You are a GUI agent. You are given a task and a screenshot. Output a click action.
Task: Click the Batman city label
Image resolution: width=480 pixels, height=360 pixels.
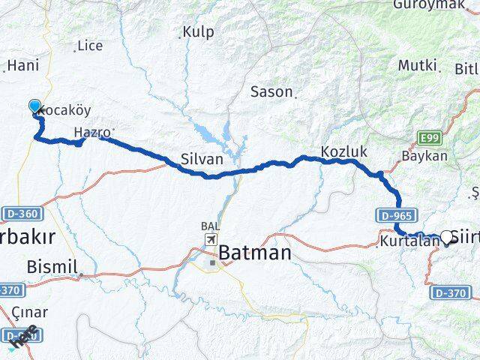point(254,253)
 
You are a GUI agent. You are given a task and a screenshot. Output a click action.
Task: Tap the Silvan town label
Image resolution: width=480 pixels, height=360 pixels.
point(202,159)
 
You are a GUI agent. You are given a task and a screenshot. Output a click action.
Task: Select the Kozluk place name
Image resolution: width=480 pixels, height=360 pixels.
point(343,151)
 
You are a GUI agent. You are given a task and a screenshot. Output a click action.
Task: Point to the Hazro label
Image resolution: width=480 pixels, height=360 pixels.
point(92,133)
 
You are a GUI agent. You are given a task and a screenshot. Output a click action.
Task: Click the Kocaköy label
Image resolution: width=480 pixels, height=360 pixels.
point(64,110)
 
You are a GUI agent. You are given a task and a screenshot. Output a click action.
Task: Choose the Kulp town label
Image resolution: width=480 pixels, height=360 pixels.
point(198,32)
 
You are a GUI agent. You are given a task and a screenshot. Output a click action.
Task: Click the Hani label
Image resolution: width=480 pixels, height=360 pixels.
point(23,66)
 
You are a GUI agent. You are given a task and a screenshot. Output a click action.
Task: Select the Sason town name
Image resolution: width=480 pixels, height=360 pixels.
point(271,91)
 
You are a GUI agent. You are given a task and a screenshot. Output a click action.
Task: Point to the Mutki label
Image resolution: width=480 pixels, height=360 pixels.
point(417,66)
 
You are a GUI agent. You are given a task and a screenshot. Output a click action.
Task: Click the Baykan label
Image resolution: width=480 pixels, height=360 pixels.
point(424,157)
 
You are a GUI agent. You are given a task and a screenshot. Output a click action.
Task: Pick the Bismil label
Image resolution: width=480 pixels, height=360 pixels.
point(47,265)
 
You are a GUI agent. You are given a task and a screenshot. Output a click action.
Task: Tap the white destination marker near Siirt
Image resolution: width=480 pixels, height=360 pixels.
point(448,237)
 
